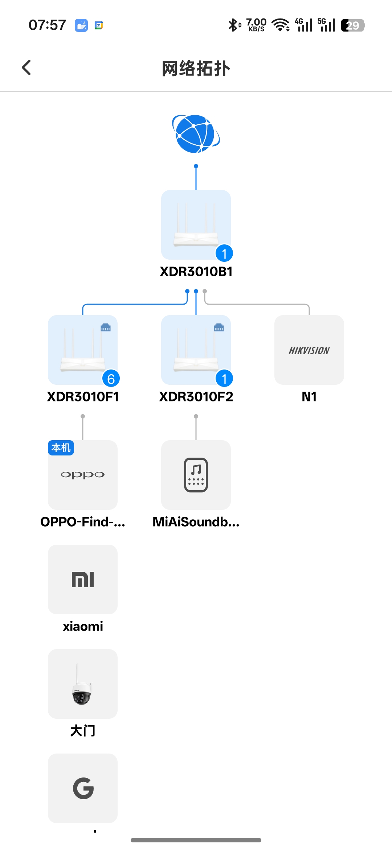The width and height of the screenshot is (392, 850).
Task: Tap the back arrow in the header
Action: pyautogui.click(x=26, y=68)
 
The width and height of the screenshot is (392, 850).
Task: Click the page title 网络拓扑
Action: pyautogui.click(x=196, y=69)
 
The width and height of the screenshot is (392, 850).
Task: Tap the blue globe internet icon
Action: pyautogui.click(x=196, y=134)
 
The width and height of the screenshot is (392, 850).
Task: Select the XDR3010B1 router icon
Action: pyautogui.click(x=196, y=224)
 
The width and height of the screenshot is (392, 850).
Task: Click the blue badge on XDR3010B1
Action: pyautogui.click(x=224, y=253)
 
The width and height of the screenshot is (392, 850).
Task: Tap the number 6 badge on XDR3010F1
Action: pyautogui.click(x=111, y=379)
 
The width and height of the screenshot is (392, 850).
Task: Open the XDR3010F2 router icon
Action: pyautogui.click(x=196, y=349)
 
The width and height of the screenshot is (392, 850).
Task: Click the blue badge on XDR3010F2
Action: pyautogui.click(x=224, y=379)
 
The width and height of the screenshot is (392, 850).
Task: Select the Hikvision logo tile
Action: pyautogui.click(x=309, y=350)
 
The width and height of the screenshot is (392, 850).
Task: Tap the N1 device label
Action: pyautogui.click(x=309, y=397)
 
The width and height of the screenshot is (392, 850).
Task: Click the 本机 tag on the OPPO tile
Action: pyautogui.click(x=61, y=448)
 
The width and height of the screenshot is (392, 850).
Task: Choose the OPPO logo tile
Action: pyautogui.click(x=83, y=475)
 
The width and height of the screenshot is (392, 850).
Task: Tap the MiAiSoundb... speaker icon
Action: pyautogui.click(x=196, y=475)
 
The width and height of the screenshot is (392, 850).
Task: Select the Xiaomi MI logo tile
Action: pyautogui.click(x=83, y=579)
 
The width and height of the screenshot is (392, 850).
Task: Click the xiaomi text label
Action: pyautogui.click(x=83, y=626)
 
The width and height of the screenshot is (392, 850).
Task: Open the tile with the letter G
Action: pyautogui.click(x=83, y=788)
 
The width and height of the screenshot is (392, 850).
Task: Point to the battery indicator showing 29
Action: pyautogui.click(x=353, y=25)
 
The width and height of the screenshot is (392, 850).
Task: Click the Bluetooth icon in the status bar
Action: pyautogui.click(x=233, y=25)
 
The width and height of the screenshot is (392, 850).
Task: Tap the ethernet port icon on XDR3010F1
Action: pyautogui.click(x=106, y=327)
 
